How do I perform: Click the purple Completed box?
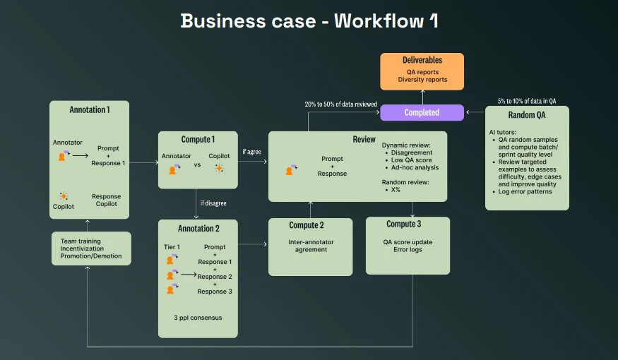click(x=422, y=113)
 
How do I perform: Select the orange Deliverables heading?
click(x=422, y=60)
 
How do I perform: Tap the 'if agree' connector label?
click(x=251, y=152)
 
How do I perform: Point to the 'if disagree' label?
click(x=213, y=203)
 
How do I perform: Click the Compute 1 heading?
click(x=198, y=140)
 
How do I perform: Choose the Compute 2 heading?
click(x=307, y=225)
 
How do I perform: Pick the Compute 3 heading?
click(x=403, y=224)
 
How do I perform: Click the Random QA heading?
click(x=527, y=115)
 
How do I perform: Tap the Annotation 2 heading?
click(x=198, y=229)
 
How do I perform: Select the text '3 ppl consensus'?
click(x=198, y=318)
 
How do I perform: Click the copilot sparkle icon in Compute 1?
click(x=219, y=168)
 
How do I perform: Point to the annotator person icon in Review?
click(x=291, y=170)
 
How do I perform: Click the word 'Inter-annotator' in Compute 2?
click(x=311, y=242)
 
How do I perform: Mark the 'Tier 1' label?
click(x=172, y=247)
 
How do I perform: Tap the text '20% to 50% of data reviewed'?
click(x=340, y=104)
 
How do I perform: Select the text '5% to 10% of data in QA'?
click(x=527, y=101)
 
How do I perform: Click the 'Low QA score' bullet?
click(x=411, y=160)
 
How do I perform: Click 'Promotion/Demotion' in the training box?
click(x=91, y=256)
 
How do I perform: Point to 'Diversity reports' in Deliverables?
click(x=422, y=80)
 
